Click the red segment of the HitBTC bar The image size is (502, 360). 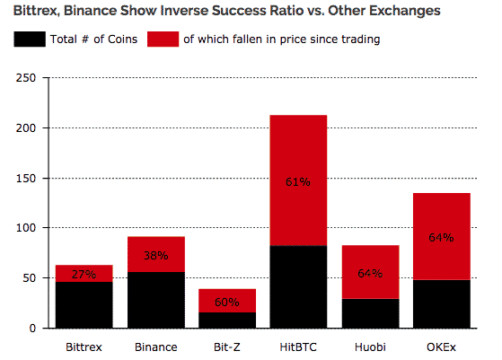pos(298,180)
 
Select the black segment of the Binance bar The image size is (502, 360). pos(156,300)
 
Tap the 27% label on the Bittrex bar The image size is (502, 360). pos(84,274)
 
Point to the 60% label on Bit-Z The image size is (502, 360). pos(227,302)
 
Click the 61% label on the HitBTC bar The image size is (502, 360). pos(298,181)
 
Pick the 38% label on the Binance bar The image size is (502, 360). pos(156,255)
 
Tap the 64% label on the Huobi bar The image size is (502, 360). pos(370,273)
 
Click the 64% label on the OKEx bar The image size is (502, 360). pos(441,237)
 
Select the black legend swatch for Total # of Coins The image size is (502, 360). pos(30,39)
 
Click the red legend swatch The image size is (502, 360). pos(163,39)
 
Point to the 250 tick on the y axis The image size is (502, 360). pos(26,78)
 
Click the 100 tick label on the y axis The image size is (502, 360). pos(26,228)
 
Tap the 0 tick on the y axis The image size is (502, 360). pos(32,329)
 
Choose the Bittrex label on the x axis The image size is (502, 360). pos(84,347)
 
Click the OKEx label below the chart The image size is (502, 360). pos(441,347)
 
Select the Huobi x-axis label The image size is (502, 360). pos(370,347)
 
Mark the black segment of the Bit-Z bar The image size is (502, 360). pos(227,320)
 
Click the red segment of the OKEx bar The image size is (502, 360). pos(442,236)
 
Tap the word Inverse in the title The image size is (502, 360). pos(184,11)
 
